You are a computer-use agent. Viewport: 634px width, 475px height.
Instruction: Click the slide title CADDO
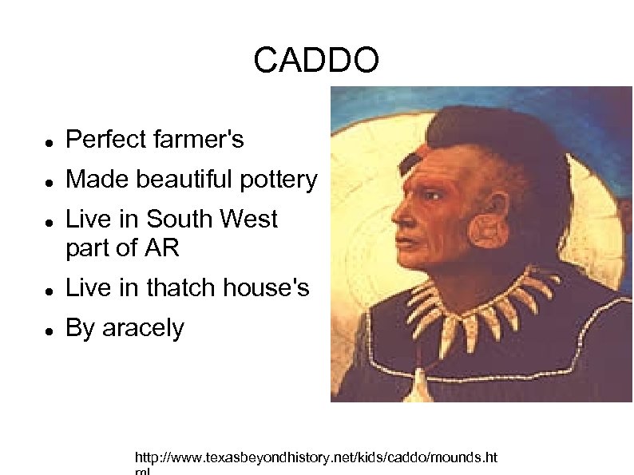click(316, 61)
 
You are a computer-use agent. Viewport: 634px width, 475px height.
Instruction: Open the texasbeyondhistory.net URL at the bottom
click(315, 458)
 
